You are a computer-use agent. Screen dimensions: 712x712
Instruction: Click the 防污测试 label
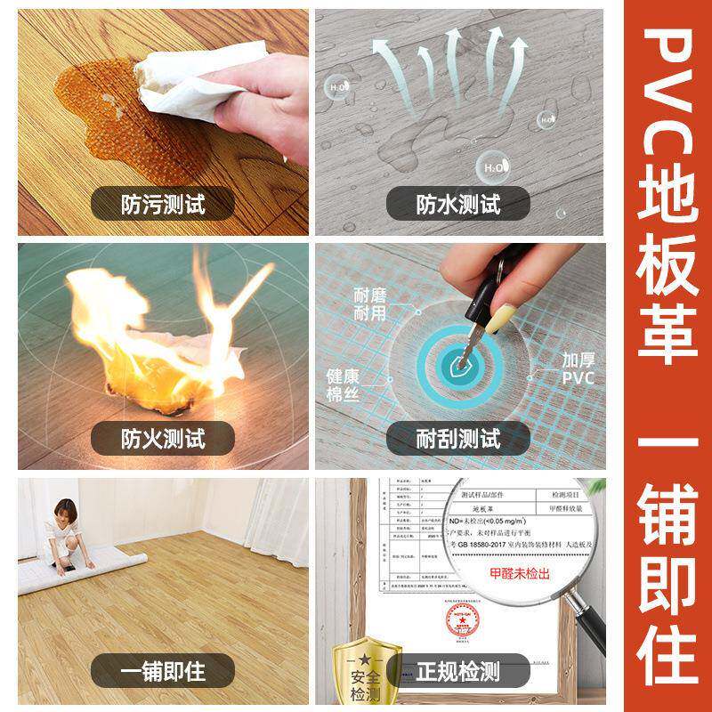[164, 204]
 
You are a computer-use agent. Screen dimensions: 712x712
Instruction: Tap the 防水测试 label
[458, 204]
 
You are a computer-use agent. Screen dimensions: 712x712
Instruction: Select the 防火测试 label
[164, 438]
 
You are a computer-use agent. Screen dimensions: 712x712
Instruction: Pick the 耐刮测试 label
[458, 438]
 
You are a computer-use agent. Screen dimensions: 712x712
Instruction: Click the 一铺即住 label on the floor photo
[164, 670]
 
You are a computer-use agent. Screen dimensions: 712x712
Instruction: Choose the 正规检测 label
[458, 670]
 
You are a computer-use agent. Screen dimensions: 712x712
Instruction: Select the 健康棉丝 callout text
[342, 384]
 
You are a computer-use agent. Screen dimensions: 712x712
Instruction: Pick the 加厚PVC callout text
[578, 369]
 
